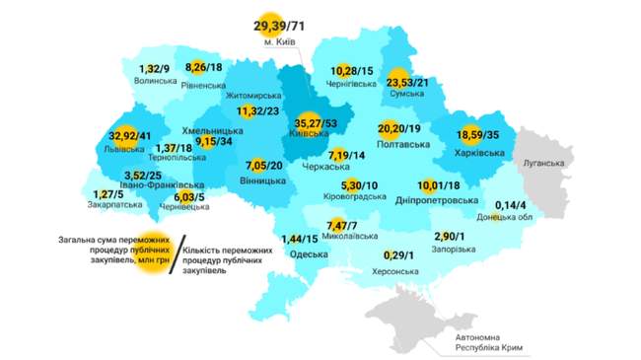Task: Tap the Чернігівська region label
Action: click(352, 86)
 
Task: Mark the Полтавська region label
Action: click(403, 146)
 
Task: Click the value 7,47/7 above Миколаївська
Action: click(344, 225)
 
